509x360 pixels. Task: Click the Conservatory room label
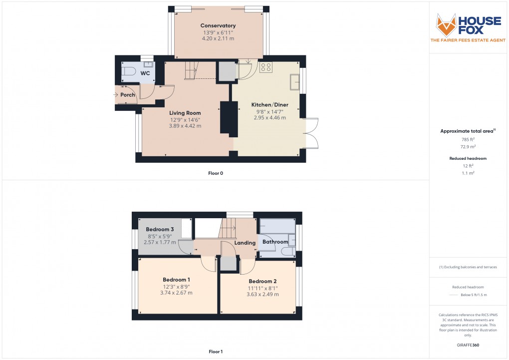218,25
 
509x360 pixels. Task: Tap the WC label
145,73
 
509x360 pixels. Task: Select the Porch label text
128,95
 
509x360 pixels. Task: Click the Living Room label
185,113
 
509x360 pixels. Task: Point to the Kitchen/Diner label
269,105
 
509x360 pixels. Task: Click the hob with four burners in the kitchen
265,67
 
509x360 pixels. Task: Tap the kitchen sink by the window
295,81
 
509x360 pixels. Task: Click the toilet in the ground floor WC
128,72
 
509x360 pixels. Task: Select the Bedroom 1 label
176,280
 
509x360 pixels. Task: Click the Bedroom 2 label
262,281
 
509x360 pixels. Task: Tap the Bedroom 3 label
156,229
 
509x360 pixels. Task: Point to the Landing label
245,243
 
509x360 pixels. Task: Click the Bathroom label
275,242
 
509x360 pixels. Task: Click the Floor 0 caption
216,173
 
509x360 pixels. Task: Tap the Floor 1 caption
216,352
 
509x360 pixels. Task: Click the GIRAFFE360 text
468,345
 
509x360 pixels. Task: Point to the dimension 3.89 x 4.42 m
185,126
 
